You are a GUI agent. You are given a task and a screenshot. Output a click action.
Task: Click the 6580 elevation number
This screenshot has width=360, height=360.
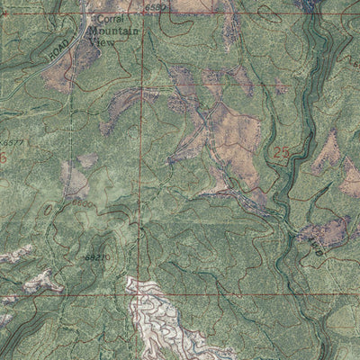pyautogui.click(x=155, y=8)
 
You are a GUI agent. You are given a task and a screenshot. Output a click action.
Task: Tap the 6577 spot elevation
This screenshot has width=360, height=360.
pyautogui.click(x=13, y=142)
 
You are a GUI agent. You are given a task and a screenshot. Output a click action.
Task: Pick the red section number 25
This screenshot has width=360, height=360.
pyautogui.click(x=282, y=154)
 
